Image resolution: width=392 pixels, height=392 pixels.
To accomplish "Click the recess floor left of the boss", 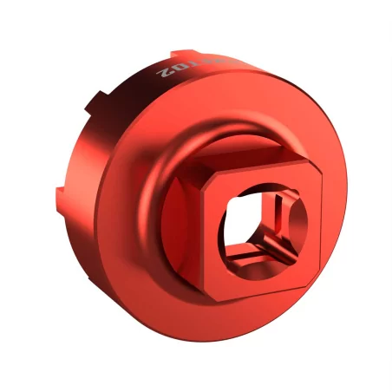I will coord(173,208).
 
